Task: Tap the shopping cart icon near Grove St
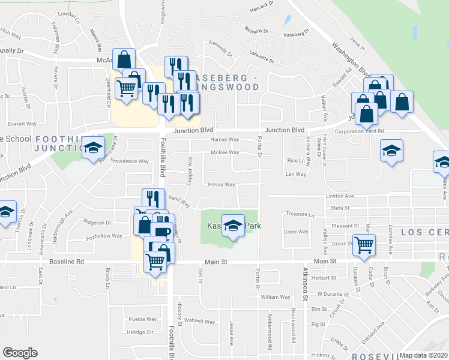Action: tap(364, 245)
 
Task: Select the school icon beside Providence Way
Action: tap(93, 148)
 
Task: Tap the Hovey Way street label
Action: tap(221, 185)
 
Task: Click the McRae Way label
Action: tap(224, 152)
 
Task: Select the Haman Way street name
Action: tap(224, 139)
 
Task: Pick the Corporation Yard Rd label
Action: tap(359, 131)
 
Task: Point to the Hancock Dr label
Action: tap(262, 7)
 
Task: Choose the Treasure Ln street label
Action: tap(300, 214)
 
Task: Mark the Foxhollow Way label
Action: tap(104, 236)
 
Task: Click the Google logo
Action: tap(20, 353)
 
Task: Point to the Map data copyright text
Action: tap(423, 355)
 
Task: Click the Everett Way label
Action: tap(22, 124)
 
